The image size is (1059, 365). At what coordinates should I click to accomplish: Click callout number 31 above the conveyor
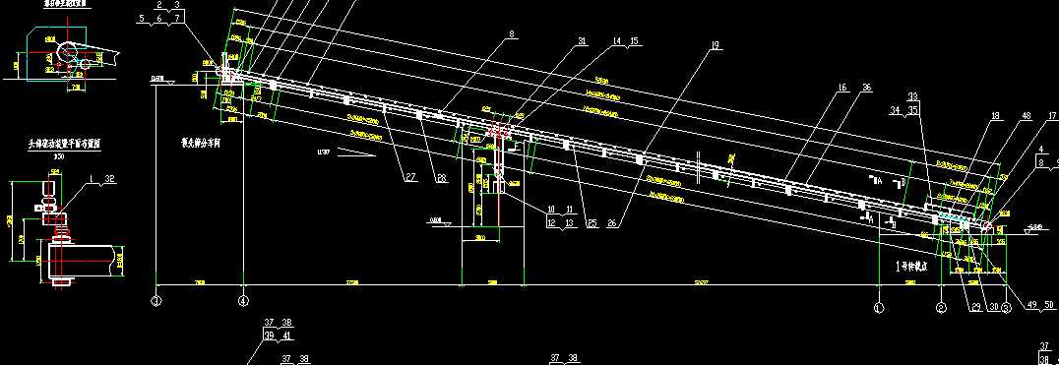click(x=583, y=41)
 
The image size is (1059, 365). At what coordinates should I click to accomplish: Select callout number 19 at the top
click(x=715, y=45)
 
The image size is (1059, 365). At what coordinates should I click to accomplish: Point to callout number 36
click(x=866, y=89)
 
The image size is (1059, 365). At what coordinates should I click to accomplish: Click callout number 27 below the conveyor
click(x=409, y=178)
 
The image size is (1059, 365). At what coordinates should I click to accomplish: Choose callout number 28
click(x=442, y=178)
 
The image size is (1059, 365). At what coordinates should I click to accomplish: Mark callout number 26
click(x=613, y=223)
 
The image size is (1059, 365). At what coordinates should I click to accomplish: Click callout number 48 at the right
click(x=1027, y=116)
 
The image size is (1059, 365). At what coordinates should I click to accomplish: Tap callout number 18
click(x=995, y=116)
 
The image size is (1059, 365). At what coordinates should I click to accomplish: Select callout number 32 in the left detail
click(x=109, y=178)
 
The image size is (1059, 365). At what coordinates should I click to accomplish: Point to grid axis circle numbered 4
click(x=244, y=300)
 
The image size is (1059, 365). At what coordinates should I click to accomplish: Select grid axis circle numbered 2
click(x=941, y=307)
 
